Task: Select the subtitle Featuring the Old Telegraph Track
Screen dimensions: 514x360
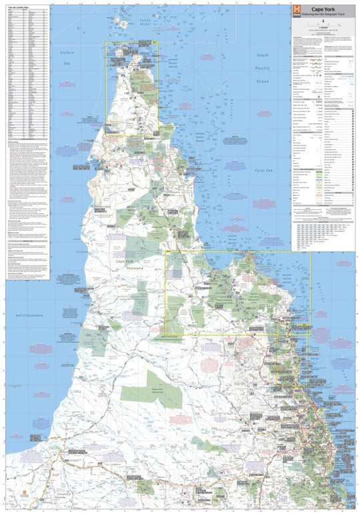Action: tap(323, 14)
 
